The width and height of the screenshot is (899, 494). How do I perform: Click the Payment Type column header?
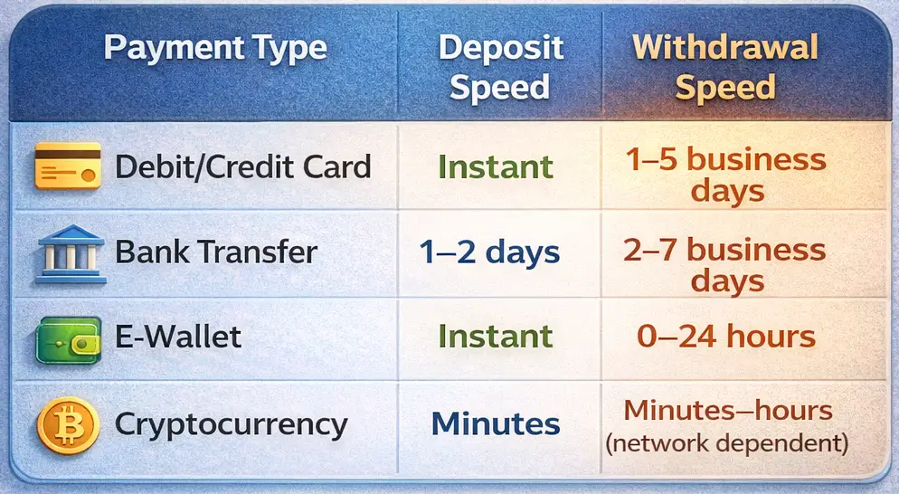pos(215,48)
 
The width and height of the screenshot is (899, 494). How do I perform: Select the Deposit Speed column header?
pos(500,67)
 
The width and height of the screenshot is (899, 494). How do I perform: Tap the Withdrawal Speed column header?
pos(725,67)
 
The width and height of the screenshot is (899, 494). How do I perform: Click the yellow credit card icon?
pos(68,166)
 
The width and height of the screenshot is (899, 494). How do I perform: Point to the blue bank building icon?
pos(71,253)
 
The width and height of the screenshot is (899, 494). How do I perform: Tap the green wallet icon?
pos(68,340)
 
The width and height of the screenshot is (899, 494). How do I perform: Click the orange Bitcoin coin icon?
pos(68,426)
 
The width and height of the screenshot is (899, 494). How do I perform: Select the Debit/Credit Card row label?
pos(243,167)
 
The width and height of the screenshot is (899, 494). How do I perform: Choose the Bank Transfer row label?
pos(216,252)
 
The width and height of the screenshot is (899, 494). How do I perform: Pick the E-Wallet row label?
pos(178,337)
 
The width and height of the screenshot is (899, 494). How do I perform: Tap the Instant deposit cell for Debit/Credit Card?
pos(496,167)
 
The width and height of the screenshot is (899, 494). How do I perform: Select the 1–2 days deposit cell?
pos(489,253)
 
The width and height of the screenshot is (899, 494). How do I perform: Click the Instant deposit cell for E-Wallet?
pos(496,337)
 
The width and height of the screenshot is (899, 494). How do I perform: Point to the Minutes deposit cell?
pos(496,424)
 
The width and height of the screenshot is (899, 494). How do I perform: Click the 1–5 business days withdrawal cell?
pos(726,175)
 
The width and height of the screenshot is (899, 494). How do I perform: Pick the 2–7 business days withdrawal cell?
pos(725,264)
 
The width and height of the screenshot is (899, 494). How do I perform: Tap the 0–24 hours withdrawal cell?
pos(726,337)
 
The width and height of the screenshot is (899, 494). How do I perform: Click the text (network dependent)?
pos(727,443)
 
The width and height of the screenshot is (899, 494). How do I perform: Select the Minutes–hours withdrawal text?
pos(728,410)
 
